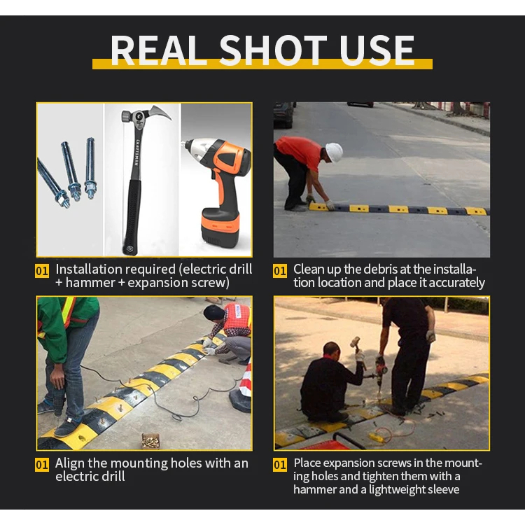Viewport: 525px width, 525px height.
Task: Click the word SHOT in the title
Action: [x=272, y=50]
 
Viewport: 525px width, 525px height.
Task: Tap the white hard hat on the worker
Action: [x=334, y=152]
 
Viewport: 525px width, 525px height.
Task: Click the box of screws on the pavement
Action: [x=150, y=440]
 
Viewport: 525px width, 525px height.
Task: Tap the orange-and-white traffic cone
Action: [x=241, y=388]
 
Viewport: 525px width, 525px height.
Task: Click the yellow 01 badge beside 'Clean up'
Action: [x=279, y=271]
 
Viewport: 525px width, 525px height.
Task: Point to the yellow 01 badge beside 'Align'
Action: [x=42, y=465]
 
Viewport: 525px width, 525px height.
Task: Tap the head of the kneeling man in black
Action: [x=332, y=351]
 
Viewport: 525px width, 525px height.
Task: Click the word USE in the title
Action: [x=377, y=50]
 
